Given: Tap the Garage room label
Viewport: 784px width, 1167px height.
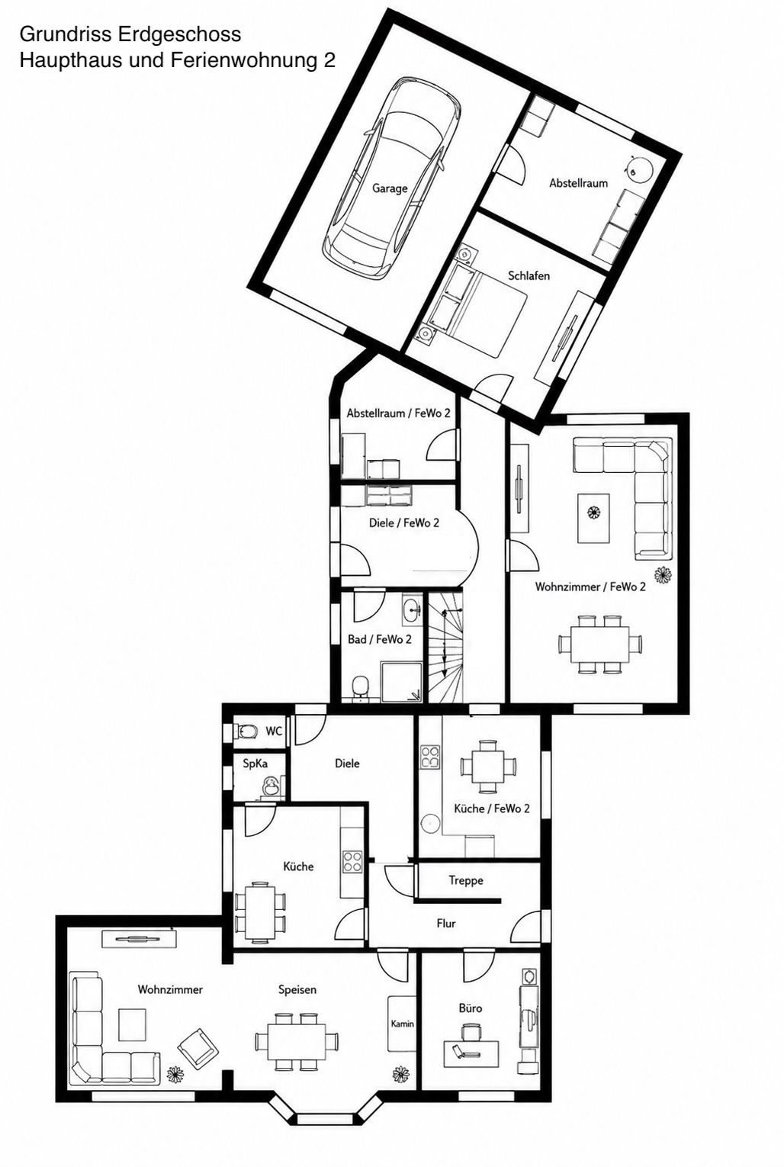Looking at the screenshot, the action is click(x=390, y=188).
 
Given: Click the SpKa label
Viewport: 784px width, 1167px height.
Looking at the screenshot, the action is click(x=255, y=764).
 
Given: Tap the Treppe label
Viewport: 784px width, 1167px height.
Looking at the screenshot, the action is click(x=466, y=881).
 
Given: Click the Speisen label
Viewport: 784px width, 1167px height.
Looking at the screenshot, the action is click(x=297, y=990).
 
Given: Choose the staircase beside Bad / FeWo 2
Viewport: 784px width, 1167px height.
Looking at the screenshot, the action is click(x=445, y=645).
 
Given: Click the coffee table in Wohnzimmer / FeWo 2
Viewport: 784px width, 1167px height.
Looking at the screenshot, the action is click(x=593, y=518).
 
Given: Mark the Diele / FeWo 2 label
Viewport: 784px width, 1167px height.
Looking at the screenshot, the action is click(x=403, y=522).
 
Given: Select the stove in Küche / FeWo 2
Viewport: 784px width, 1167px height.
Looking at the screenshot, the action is click(x=430, y=757).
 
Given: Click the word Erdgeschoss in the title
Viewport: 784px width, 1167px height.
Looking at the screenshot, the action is click(x=180, y=35).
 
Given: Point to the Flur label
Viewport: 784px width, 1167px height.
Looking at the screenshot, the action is click(x=446, y=924).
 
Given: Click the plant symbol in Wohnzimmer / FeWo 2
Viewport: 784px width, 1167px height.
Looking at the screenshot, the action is click(x=664, y=574).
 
